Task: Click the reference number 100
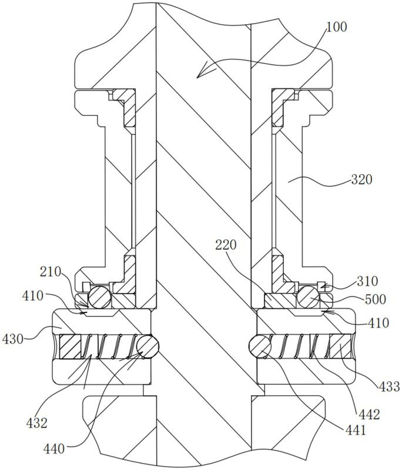click(336, 26)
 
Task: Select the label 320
click(361, 179)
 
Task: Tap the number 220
click(226, 245)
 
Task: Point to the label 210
click(51, 272)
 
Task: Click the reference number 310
click(367, 281)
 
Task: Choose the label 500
click(375, 299)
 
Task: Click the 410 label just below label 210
click(33, 296)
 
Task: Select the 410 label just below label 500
click(378, 323)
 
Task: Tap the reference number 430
click(12, 339)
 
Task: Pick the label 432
click(37, 423)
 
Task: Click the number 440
click(54, 449)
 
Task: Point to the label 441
click(356, 431)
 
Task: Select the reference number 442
click(369, 415)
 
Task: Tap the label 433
click(389, 386)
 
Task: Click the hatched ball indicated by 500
click(307, 297)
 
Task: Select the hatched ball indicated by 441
click(260, 347)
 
